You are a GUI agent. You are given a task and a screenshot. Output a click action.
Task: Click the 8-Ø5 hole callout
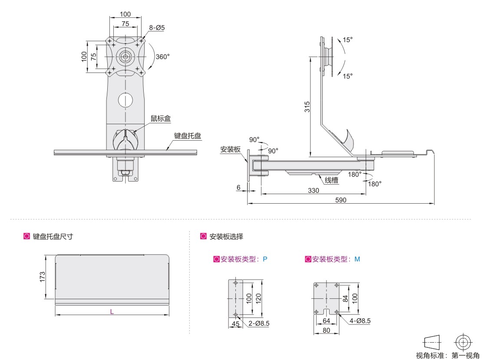[x=157, y=28]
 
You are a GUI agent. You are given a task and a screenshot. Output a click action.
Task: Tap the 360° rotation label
[x=162, y=57]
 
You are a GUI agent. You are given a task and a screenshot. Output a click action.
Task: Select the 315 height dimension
[x=307, y=107]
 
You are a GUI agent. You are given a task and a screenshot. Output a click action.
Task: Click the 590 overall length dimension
[x=341, y=200]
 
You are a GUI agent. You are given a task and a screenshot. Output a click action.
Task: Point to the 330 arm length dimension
[x=313, y=190]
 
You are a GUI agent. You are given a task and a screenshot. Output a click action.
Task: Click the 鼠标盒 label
[x=161, y=119]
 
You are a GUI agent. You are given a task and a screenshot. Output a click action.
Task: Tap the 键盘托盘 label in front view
[x=188, y=136]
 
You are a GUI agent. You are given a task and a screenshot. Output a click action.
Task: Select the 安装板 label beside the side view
[x=230, y=149]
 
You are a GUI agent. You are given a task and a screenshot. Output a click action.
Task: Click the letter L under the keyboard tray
[x=112, y=311]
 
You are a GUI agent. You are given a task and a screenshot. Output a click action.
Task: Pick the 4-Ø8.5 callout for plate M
[x=360, y=321]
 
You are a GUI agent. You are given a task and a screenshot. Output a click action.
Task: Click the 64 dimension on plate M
[x=327, y=321]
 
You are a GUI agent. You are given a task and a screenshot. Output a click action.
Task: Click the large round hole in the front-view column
[x=125, y=100]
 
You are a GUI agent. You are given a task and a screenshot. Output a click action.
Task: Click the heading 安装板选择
[x=226, y=237]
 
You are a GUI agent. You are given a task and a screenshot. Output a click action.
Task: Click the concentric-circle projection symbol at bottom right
[x=463, y=342]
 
